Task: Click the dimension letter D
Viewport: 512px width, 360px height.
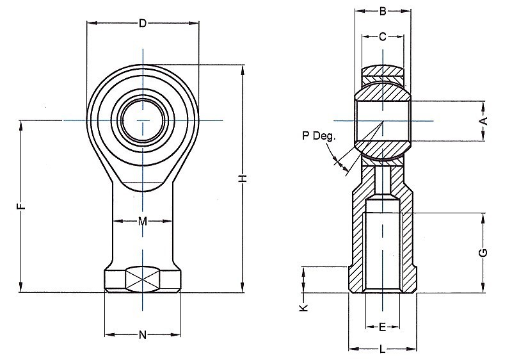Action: coord(143,24)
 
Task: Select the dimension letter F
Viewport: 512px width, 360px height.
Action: coord(20,206)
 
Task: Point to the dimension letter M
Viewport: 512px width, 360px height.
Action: coord(143,222)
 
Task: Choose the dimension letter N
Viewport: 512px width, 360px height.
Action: coord(143,334)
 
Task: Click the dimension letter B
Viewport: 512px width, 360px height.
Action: coord(382,10)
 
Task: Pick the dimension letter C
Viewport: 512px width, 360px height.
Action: coord(382,37)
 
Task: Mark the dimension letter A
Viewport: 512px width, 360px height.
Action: coord(484,120)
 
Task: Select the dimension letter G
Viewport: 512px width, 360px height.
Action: coord(484,252)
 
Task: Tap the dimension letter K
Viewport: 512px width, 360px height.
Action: coord(304,307)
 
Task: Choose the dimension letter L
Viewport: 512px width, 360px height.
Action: coord(382,349)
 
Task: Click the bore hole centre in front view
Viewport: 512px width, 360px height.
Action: coord(143,120)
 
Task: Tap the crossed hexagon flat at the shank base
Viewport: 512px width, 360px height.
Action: coord(143,280)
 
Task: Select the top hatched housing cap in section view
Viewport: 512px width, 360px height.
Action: coord(382,71)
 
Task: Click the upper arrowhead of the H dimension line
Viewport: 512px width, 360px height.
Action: coord(243,68)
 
